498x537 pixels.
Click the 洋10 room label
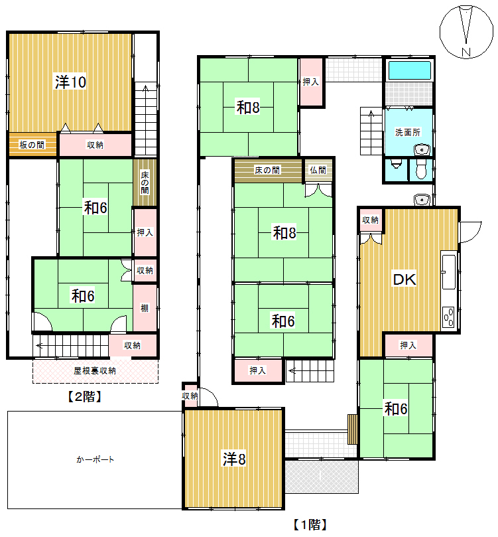coord(70,82)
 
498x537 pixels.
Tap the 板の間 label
coord(32,145)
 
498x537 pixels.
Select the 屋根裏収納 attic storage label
coord(95,370)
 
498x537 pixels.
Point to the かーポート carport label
coord(95,459)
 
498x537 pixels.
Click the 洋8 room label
coord(234,459)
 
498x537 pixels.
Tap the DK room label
coord(405,279)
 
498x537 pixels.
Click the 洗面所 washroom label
coord(408,132)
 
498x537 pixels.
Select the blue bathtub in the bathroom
coord(409,70)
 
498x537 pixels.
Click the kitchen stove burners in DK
coord(449,317)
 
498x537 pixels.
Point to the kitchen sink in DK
coord(449,272)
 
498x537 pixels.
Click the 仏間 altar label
coord(318,170)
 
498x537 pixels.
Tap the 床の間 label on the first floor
coord(267,170)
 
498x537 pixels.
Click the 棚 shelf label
coord(145,308)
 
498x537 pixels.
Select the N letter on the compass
coord(466,52)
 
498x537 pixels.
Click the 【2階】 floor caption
coord(84,396)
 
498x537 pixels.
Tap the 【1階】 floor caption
coord(310,524)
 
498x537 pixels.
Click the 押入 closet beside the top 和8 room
coord(311,82)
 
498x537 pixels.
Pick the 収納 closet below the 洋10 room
coord(95,145)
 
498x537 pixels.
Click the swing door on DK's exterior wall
coord(469,232)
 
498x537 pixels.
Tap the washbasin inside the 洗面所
coord(422,149)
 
